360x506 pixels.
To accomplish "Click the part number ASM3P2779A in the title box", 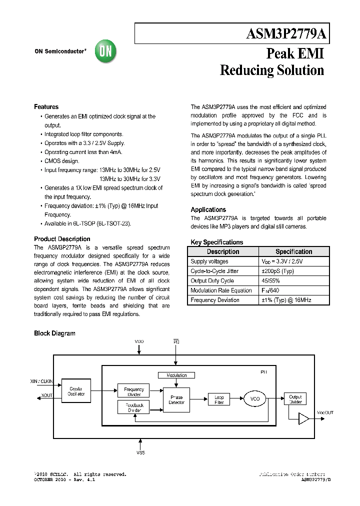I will pyautogui.click(x=286, y=34).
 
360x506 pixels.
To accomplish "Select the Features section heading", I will pyautogui.click(x=46, y=107).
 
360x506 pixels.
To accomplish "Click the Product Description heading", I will pyautogui.click(x=62, y=239).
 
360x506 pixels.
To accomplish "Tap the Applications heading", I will pyautogui.click(x=208, y=209).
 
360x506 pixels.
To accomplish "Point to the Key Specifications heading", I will pyautogui.click(x=216, y=242).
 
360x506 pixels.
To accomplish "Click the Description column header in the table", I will pyautogui.click(x=223, y=251).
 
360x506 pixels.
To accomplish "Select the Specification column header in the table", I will pyautogui.click(x=293, y=251).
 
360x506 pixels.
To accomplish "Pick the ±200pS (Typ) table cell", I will pyautogui.click(x=277, y=271).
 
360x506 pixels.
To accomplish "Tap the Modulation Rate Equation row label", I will pyautogui.click(x=221, y=290).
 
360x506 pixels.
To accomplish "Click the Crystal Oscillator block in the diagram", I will pyautogui.click(x=76, y=391).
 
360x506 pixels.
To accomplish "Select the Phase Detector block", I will pyautogui.click(x=176, y=400).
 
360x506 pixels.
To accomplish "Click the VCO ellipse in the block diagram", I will pyautogui.click(x=254, y=399).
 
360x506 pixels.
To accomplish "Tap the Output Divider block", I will pyautogui.click(x=295, y=399).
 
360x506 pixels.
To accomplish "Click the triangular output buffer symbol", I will pyautogui.click(x=303, y=419).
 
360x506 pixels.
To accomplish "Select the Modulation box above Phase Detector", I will pyautogui.click(x=176, y=375).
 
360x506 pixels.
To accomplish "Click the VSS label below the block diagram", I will pyautogui.click(x=140, y=452).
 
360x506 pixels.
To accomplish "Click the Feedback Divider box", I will pyautogui.click(x=133, y=407).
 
